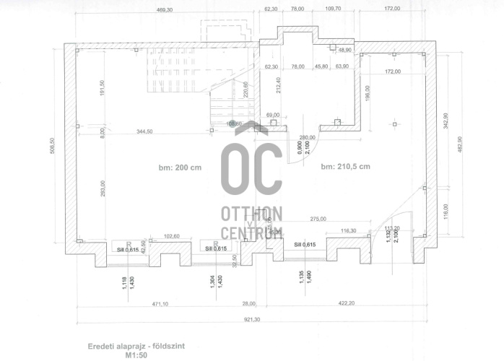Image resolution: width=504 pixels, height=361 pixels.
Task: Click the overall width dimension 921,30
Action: (251, 319)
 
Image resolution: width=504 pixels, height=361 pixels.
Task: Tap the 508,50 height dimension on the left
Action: (53, 151)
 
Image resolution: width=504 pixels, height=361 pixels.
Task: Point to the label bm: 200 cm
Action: (180, 167)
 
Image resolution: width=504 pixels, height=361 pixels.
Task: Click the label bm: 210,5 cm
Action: (346, 167)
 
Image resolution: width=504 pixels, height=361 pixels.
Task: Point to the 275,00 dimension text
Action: (318, 219)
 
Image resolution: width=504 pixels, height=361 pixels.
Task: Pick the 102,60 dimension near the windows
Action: (171, 235)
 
